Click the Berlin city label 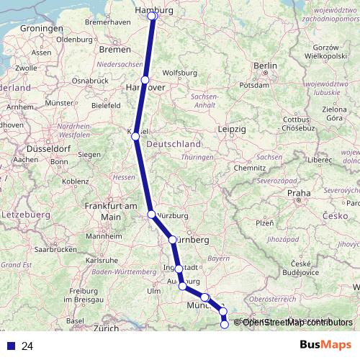pyautogui.click(x=265, y=66)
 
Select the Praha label pyautogui.click(x=298, y=193)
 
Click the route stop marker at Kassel pyautogui.click(x=135, y=136)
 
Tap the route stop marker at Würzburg pyautogui.click(x=151, y=214)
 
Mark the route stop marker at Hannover pyautogui.click(x=145, y=80)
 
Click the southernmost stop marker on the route pyautogui.click(x=224, y=325)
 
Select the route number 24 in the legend pyautogui.click(x=27, y=346)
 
